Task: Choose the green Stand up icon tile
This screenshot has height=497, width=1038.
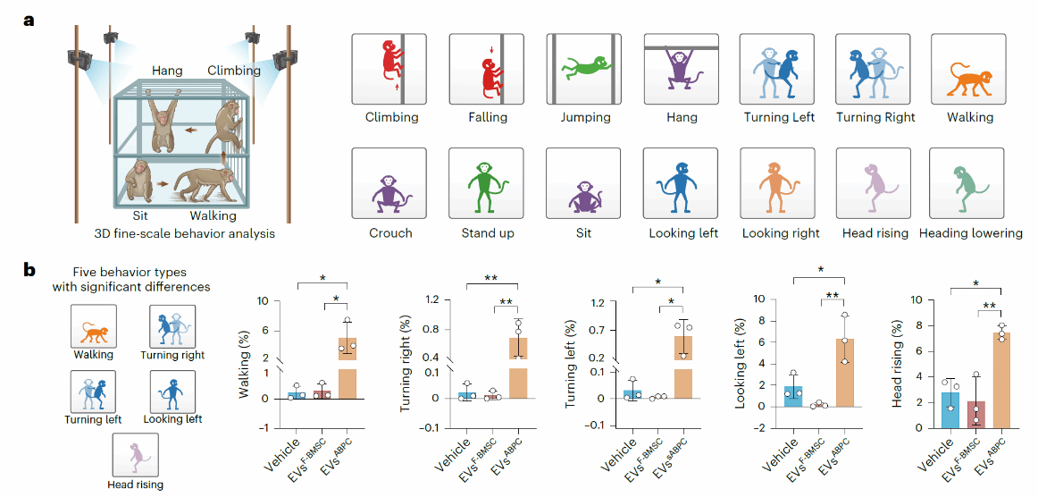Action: pos(486,186)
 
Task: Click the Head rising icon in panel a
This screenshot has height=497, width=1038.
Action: pos(873,186)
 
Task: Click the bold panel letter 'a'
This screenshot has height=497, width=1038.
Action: pos(29,19)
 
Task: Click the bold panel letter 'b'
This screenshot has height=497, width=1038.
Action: pos(29,267)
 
